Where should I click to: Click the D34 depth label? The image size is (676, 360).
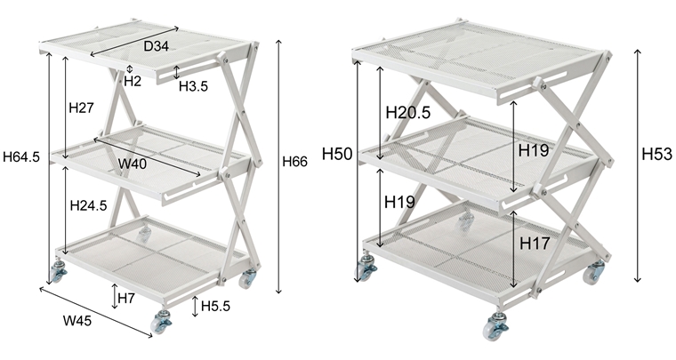click(x=156, y=46)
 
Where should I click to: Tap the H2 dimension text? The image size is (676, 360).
click(x=133, y=81)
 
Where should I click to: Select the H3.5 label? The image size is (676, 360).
click(x=193, y=86)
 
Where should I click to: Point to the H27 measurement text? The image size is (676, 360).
click(x=81, y=108)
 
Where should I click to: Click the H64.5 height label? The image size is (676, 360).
click(x=21, y=156)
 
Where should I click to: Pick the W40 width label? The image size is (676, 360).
click(x=133, y=164)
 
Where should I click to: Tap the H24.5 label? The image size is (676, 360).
click(x=88, y=205)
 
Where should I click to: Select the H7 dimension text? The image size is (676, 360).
click(x=126, y=298)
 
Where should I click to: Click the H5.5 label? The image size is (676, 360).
click(x=215, y=306)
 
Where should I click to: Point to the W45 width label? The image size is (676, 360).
click(x=77, y=321)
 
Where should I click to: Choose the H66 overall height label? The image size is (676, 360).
click(x=295, y=162)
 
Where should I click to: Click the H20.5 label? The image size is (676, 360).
click(x=408, y=113)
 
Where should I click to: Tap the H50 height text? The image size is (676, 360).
click(x=337, y=154)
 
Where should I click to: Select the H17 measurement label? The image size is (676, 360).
click(x=535, y=244)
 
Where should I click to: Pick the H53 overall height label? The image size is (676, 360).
click(x=657, y=154)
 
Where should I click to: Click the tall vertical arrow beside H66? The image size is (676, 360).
click(x=279, y=166)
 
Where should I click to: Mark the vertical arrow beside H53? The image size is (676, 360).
click(x=638, y=166)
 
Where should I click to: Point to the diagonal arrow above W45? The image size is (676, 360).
click(x=96, y=313)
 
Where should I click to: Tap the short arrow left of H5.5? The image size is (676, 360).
click(x=195, y=307)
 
